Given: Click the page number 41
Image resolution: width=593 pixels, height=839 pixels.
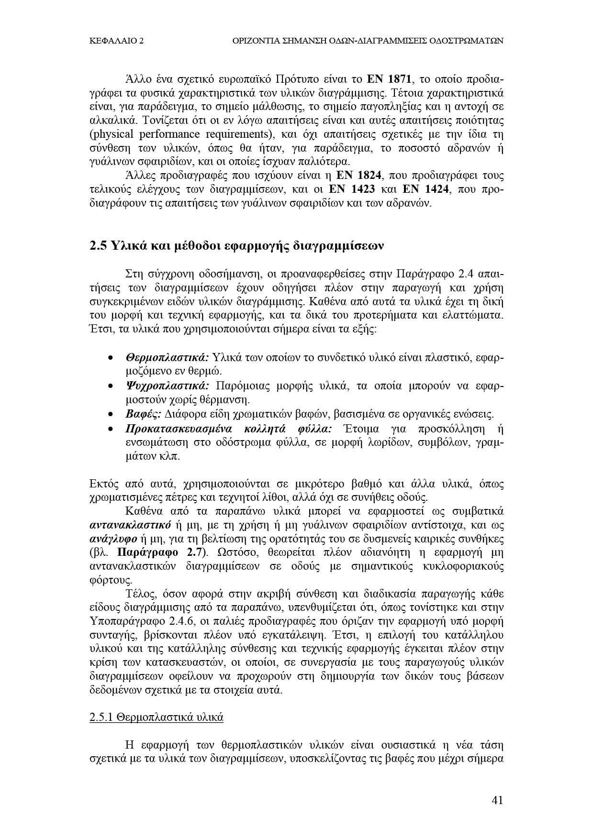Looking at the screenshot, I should point(497,800).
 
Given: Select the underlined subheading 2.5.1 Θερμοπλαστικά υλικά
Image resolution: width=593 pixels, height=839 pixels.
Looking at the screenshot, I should point(157,718).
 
